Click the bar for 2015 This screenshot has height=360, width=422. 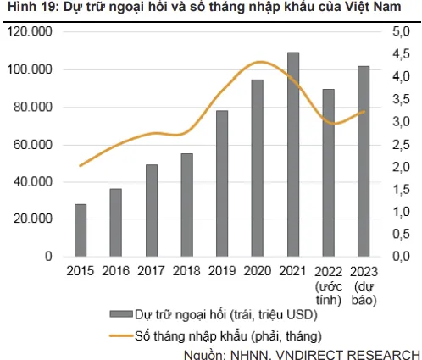tap(81, 230)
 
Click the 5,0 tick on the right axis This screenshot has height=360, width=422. tap(402, 31)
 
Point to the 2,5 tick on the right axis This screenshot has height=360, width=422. tap(402, 144)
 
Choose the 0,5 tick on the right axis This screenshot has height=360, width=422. tap(402, 234)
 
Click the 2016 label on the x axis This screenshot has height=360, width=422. tap(116, 271)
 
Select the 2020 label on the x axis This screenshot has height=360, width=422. tap(258, 271)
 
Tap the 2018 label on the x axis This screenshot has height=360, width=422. tap(186, 271)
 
